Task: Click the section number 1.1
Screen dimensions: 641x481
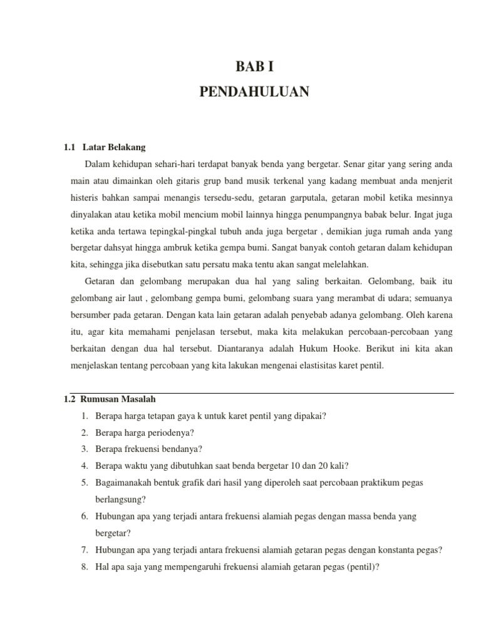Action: [70, 147]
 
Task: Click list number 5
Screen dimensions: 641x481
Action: [84, 483]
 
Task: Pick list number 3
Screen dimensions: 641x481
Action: [84, 449]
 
